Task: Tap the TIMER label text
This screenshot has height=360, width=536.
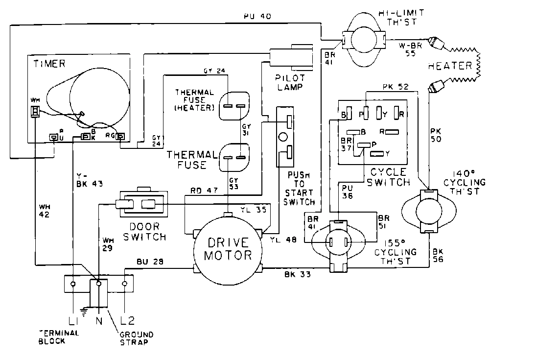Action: point(46,63)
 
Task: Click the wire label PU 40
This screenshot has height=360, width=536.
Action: point(257,16)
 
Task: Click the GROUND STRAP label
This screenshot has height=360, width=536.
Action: point(136,338)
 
